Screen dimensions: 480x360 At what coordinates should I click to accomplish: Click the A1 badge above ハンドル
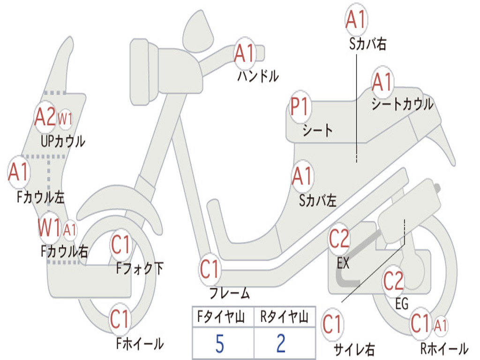click(x=244, y=53)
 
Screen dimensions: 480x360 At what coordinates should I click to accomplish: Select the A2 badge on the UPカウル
click(x=45, y=117)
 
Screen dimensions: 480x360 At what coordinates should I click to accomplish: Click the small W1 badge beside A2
click(x=65, y=118)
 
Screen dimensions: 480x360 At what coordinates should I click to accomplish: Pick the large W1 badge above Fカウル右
click(x=49, y=228)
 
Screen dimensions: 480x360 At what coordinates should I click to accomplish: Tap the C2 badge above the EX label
click(x=339, y=239)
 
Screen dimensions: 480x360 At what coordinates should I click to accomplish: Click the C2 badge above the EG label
click(x=393, y=280)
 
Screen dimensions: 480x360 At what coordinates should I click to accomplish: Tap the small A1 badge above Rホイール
click(x=440, y=325)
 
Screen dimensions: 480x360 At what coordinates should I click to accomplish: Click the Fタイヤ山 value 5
click(x=219, y=344)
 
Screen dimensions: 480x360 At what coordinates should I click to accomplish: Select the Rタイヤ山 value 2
click(x=281, y=344)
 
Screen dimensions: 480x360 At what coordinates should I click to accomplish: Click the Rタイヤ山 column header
click(x=284, y=317)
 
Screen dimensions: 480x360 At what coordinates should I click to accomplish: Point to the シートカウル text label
click(x=402, y=104)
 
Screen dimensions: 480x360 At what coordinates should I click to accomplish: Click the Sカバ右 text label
click(x=367, y=44)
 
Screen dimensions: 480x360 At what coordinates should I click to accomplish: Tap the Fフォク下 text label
click(x=140, y=268)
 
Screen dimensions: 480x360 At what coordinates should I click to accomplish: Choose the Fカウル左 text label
click(x=40, y=197)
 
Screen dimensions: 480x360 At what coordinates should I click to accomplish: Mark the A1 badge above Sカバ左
click(x=302, y=176)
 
